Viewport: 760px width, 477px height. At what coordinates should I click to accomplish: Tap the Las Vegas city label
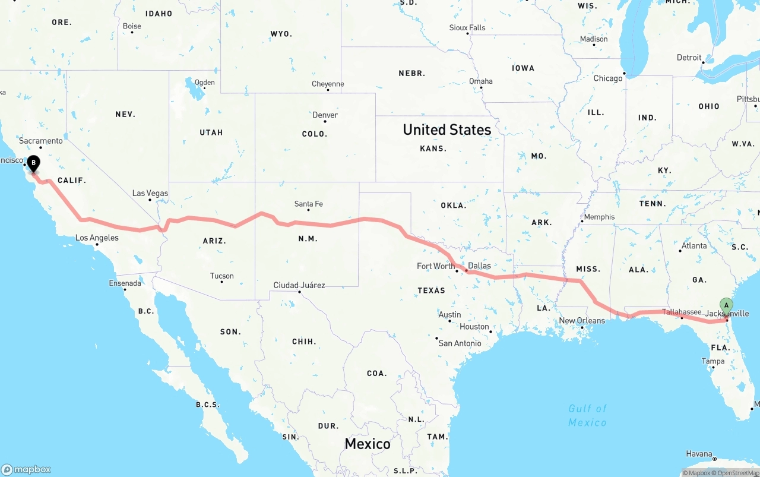coord(150,193)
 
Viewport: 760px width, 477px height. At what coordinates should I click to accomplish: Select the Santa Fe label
coord(308,204)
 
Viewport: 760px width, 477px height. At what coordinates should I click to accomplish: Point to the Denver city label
coord(325,115)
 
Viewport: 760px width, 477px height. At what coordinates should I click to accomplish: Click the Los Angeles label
coord(97,238)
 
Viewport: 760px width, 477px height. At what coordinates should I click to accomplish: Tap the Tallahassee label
coord(682,312)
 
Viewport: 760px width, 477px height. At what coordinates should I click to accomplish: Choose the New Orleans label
coord(582,321)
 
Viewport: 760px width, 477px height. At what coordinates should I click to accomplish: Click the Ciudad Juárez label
coord(299,285)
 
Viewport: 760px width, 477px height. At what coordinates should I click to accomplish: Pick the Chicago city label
coord(608,78)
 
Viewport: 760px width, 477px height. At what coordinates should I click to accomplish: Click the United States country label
coord(446,129)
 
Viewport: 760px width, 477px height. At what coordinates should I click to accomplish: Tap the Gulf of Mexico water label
coord(587,415)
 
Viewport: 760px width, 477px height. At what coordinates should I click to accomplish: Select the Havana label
coord(699,454)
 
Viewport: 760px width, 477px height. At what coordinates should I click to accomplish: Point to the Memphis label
coord(599,217)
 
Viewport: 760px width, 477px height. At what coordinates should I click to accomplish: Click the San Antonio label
coord(459,343)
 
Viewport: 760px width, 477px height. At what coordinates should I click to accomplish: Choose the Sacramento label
coord(40,141)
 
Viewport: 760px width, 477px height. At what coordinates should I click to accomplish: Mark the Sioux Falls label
coord(467,27)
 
